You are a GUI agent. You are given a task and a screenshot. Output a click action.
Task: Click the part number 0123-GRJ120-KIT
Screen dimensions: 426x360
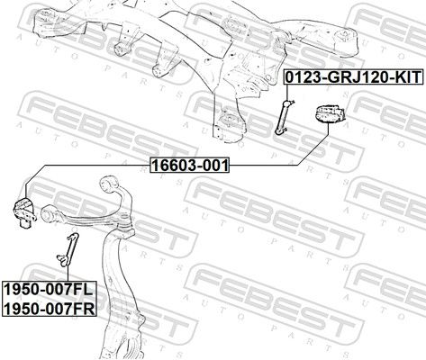point(354,76)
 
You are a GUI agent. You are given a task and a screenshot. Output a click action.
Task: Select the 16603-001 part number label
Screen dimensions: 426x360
point(190,165)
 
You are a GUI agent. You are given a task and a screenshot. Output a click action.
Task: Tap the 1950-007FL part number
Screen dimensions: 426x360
point(50,289)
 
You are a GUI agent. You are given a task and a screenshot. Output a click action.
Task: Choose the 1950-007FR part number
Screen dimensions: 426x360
point(50,308)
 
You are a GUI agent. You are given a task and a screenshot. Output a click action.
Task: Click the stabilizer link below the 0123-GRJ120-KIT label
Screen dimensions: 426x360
point(285,117)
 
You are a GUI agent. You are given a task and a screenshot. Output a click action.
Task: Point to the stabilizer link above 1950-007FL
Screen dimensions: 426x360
point(68,249)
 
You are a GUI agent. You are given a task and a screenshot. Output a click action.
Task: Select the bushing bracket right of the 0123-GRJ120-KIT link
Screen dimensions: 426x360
point(330,114)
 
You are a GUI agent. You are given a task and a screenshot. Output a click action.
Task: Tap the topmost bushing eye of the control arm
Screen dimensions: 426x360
point(108,184)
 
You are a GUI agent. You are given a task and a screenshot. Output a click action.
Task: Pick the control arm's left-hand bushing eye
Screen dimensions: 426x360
point(49,213)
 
